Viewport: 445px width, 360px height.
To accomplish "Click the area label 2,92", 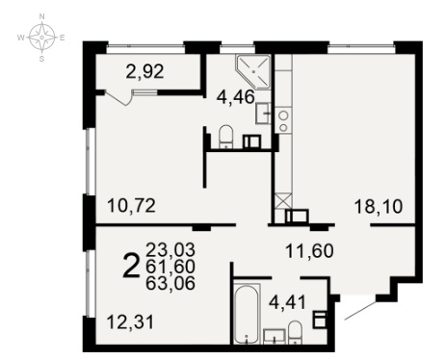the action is coord(145,71).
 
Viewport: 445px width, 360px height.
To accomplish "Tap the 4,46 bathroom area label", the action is coord(236,96).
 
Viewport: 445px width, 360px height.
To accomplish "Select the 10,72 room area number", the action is coord(131,205).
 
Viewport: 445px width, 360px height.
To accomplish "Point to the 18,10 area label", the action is coord(379,207).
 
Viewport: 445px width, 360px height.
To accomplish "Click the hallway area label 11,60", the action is coord(309,251).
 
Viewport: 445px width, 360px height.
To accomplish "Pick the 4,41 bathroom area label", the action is coord(287,302).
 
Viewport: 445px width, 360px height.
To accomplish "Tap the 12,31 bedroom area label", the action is coord(130,321).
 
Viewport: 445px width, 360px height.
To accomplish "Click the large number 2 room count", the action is coord(131,266).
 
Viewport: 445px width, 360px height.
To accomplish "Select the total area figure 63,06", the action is coord(170,283).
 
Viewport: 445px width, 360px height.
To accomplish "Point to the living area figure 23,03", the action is coord(170,249).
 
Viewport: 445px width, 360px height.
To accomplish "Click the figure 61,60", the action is coord(170,267).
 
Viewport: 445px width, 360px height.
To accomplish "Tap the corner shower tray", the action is coord(253,72).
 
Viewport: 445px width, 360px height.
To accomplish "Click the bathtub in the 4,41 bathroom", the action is coord(246,314).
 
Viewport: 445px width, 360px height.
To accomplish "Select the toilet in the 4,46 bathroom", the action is coord(225,137).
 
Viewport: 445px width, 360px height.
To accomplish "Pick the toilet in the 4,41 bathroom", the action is coord(295,333).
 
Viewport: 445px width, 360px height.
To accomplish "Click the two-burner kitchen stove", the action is coord(283,121).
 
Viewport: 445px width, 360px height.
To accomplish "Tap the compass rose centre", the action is coord(41,38).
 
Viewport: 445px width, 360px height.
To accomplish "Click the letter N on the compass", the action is coord(41,16).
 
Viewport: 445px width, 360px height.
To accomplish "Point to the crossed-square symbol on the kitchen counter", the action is coord(283,200).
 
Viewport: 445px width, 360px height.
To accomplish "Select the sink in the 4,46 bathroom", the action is coord(263,114).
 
